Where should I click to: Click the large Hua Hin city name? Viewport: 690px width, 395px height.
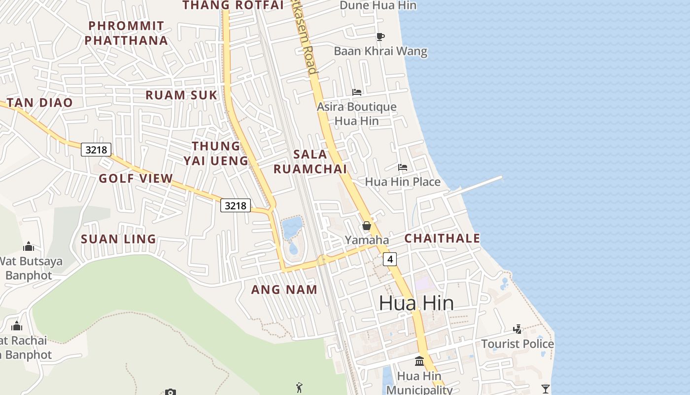tap(416, 303)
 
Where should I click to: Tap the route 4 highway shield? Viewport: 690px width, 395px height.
tap(390, 259)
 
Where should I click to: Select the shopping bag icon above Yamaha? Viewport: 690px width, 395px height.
tap(367, 226)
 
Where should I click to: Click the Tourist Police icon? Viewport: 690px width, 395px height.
tap(517, 329)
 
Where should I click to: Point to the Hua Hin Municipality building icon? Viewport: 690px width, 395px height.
tap(419, 361)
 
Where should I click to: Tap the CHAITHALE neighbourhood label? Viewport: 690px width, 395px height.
tap(442, 238)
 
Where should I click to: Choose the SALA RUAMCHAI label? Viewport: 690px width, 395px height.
tap(310, 161)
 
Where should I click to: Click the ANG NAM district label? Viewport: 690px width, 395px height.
tap(284, 290)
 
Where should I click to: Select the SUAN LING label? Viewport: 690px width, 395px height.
tap(118, 239)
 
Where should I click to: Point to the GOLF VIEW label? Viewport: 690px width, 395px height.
tap(136, 179)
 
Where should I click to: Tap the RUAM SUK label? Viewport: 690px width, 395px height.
tap(181, 95)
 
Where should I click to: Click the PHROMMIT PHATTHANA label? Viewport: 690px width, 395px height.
tap(126, 33)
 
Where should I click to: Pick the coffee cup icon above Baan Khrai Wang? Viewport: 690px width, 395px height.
tap(380, 37)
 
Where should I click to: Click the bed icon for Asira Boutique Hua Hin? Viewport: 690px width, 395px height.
tap(357, 92)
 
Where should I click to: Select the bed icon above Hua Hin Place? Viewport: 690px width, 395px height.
tap(403, 167)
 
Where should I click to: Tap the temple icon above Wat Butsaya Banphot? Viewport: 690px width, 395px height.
tap(29, 246)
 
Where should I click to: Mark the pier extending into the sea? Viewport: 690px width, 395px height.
tap(476, 186)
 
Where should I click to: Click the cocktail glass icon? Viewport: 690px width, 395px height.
tap(545, 389)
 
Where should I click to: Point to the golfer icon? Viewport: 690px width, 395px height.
tap(299, 388)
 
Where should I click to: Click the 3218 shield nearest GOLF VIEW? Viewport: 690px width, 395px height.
tap(96, 150)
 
